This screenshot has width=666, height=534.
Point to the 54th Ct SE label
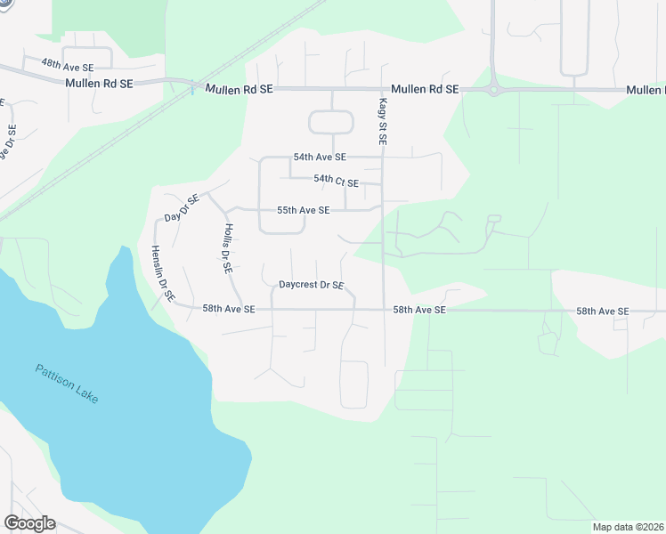336,182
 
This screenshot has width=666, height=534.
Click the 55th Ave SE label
303,210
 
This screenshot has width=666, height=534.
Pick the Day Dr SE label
182,208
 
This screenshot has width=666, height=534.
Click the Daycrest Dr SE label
311,286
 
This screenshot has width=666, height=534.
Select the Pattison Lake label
68,384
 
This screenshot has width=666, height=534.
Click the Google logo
29,523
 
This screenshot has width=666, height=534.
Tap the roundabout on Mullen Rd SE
493,89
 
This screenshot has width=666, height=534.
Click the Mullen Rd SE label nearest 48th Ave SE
99,83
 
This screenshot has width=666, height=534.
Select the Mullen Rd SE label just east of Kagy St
425,90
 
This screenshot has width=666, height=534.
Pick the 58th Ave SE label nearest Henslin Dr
228,309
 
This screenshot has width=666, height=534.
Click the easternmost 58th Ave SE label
602,311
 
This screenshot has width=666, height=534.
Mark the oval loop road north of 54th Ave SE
331,122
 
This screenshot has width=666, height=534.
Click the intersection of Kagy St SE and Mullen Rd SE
384,89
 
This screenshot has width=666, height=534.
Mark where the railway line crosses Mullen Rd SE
193,85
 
